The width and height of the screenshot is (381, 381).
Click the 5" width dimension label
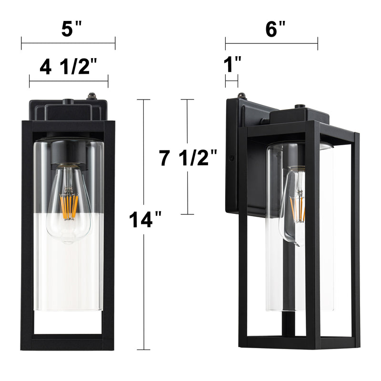pos(71,29)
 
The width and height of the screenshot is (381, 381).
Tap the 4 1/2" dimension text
pos(68,66)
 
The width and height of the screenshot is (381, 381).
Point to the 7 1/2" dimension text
pos(188,158)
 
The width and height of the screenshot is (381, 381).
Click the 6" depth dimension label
pos(275,29)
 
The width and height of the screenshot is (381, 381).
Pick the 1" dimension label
pos(232,64)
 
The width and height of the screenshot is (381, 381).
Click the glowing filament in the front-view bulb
pos(69,207)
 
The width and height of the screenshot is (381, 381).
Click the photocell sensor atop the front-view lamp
pos(92,96)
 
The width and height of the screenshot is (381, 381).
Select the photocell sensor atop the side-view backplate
pos(241,95)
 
